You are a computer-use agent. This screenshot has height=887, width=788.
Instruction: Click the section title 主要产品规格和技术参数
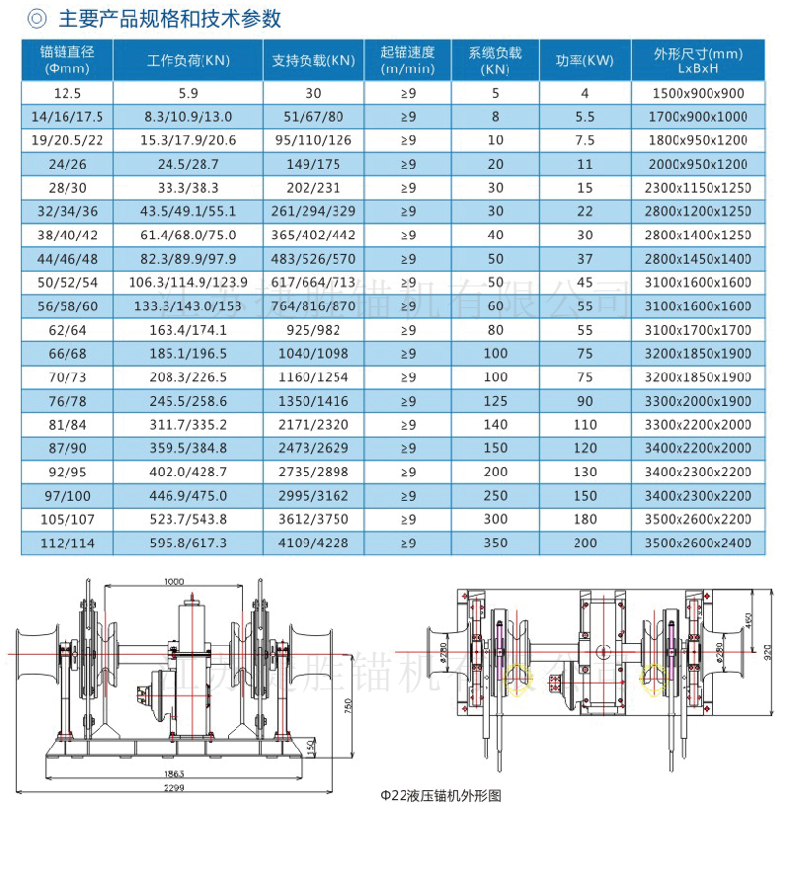point(169,19)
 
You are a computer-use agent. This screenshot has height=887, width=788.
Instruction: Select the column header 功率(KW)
point(585,61)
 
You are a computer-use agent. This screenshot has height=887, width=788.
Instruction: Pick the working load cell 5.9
point(188,93)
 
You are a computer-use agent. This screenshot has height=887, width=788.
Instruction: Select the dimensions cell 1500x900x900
point(698,93)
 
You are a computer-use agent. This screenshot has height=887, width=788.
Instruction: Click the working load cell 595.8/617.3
point(188,542)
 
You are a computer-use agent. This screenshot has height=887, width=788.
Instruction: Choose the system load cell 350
point(496,542)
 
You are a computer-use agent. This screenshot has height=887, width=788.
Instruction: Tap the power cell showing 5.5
point(585,117)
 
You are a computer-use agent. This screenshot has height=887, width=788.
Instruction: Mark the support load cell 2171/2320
point(314,424)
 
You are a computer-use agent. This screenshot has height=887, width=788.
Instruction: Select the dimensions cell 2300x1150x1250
point(698,188)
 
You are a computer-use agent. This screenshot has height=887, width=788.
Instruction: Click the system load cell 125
point(496,400)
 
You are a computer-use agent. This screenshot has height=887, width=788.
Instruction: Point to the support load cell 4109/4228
point(314,542)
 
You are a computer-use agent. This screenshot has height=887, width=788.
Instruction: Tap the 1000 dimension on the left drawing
point(175,582)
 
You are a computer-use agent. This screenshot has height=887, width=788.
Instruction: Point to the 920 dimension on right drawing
point(769,652)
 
